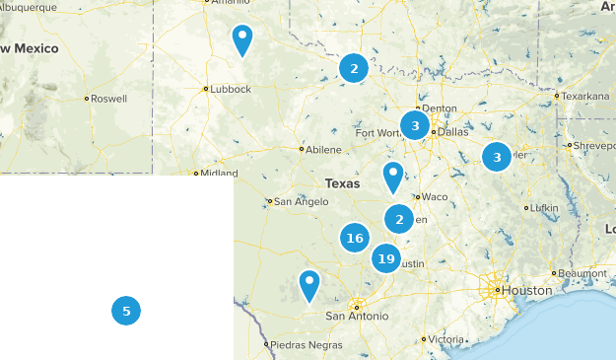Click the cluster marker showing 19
tap(385, 259)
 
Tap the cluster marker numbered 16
tap(355, 238)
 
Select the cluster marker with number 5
tap(126, 311)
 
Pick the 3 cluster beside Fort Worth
tap(415, 125)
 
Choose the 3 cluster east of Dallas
tap(497, 156)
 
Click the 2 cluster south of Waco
tap(398, 219)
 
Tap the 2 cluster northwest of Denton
tap(353, 67)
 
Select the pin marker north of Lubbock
tap(241, 39)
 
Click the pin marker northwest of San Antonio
tap(309, 285)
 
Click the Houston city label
tap(527, 291)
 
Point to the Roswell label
tap(109, 99)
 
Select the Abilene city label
tap(323, 150)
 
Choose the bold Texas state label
tap(342, 183)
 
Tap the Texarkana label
tap(583, 97)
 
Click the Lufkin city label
tap(544, 208)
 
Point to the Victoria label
tap(445, 339)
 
